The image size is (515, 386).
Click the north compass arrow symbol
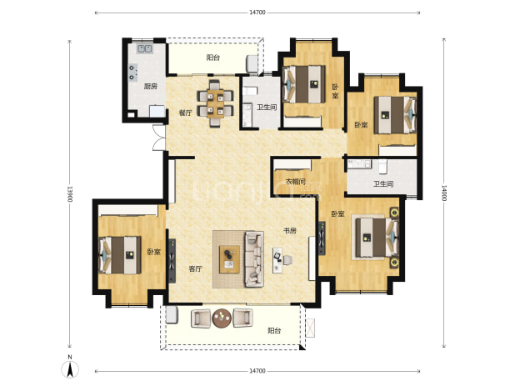(x=70, y=368)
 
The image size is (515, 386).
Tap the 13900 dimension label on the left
(x=69, y=193)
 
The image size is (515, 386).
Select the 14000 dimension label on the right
(x=443, y=193)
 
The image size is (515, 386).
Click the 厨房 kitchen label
(x=151, y=87)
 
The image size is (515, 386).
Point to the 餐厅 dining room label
(x=185, y=113)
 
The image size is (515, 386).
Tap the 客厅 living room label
(x=195, y=269)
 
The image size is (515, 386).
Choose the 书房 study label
(x=290, y=231)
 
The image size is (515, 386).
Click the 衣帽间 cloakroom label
(x=296, y=182)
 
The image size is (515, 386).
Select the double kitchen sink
(x=144, y=49)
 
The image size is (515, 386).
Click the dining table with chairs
(x=215, y=103)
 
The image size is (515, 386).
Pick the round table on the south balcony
(x=222, y=318)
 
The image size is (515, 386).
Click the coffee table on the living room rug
(x=229, y=259)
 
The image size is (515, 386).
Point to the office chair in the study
(x=287, y=260)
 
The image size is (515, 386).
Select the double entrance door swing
(x=159, y=138)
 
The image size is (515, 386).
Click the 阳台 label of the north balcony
(x=212, y=58)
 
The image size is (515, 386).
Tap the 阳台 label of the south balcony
(x=274, y=330)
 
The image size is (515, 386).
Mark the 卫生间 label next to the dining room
(x=267, y=108)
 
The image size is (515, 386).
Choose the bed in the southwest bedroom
(x=120, y=255)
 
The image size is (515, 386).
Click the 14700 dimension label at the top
(x=257, y=13)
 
